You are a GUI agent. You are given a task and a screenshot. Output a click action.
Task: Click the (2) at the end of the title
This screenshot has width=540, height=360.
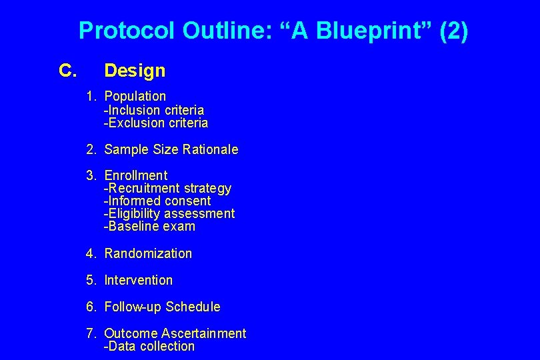point(453,31)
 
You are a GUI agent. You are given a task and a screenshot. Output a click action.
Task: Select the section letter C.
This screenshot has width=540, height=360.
point(68,70)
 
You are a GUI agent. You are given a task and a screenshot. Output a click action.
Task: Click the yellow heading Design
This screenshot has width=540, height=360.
point(135,70)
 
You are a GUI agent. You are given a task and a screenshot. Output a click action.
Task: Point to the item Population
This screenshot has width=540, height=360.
point(135,96)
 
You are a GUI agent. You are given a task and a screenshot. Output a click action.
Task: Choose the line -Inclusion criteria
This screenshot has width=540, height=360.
point(154,110)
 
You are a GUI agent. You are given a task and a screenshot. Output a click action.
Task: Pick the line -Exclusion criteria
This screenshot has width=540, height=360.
point(156,123)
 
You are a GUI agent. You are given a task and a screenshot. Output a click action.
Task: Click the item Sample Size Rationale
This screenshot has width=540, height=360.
point(171,149)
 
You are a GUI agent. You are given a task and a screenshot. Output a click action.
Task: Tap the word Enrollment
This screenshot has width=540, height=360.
point(136,175)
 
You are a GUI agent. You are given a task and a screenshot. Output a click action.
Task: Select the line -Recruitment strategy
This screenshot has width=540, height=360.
point(167,188)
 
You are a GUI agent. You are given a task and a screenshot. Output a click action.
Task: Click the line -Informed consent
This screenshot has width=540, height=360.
point(157,201)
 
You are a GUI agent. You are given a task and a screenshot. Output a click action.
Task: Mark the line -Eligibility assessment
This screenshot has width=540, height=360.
point(169,213)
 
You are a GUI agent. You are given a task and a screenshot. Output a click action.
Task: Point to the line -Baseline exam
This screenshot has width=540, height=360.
point(149,226)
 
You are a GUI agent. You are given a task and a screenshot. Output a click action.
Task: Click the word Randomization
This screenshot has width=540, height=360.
point(148,253)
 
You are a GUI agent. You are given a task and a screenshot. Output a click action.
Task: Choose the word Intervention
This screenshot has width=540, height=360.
point(138,280)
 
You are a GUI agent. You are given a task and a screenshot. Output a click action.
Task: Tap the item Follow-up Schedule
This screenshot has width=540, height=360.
point(162,307)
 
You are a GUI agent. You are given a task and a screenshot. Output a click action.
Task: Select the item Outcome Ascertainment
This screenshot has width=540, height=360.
point(175,333)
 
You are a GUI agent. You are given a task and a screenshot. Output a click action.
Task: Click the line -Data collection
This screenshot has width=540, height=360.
point(149,346)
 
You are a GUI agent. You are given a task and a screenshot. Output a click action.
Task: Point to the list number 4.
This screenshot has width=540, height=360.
point(90,253)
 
